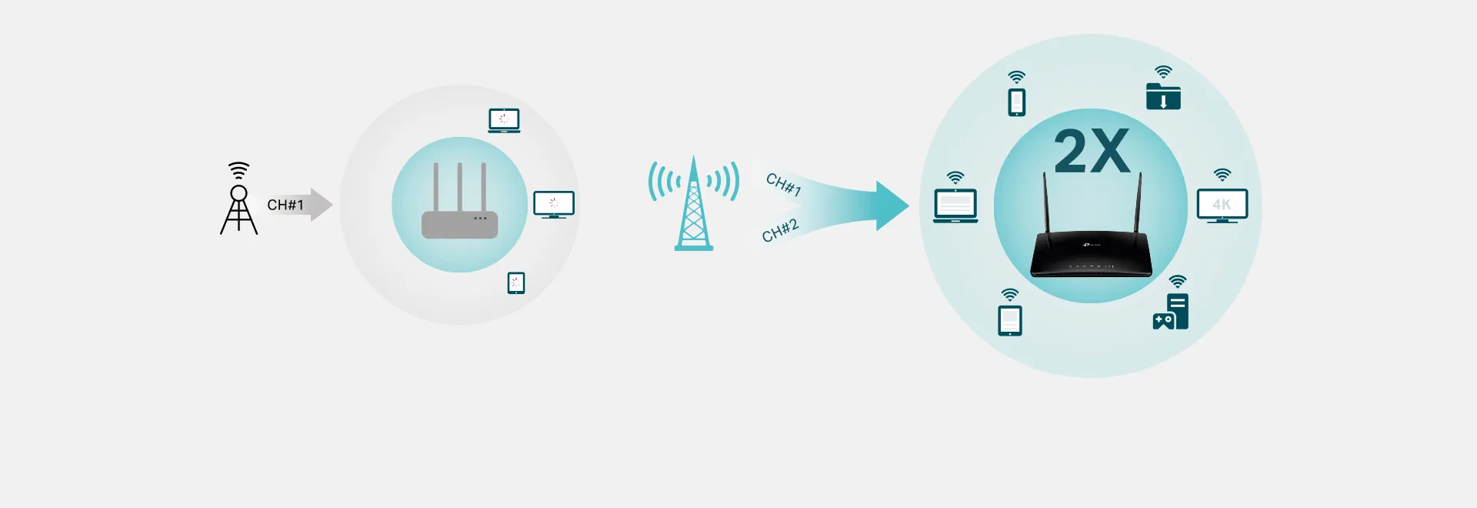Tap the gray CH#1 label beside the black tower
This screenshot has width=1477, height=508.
(285, 205)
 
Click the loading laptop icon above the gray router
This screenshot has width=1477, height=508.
(504, 121)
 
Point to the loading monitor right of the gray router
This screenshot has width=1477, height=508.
(554, 204)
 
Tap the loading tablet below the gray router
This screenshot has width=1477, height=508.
(516, 282)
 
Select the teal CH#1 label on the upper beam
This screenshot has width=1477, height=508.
(784, 185)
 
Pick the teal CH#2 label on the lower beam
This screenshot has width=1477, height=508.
(780, 230)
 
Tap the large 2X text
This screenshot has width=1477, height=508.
(1092, 151)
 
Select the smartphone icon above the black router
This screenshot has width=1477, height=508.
(1017, 102)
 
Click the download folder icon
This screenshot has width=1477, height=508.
(1163, 96)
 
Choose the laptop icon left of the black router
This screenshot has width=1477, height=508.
(955, 206)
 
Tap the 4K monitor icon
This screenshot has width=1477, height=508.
(1222, 206)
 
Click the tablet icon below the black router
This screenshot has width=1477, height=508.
(1010, 320)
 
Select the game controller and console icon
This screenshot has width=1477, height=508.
(1171, 312)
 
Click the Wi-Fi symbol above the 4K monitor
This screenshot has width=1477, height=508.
(1222, 175)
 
